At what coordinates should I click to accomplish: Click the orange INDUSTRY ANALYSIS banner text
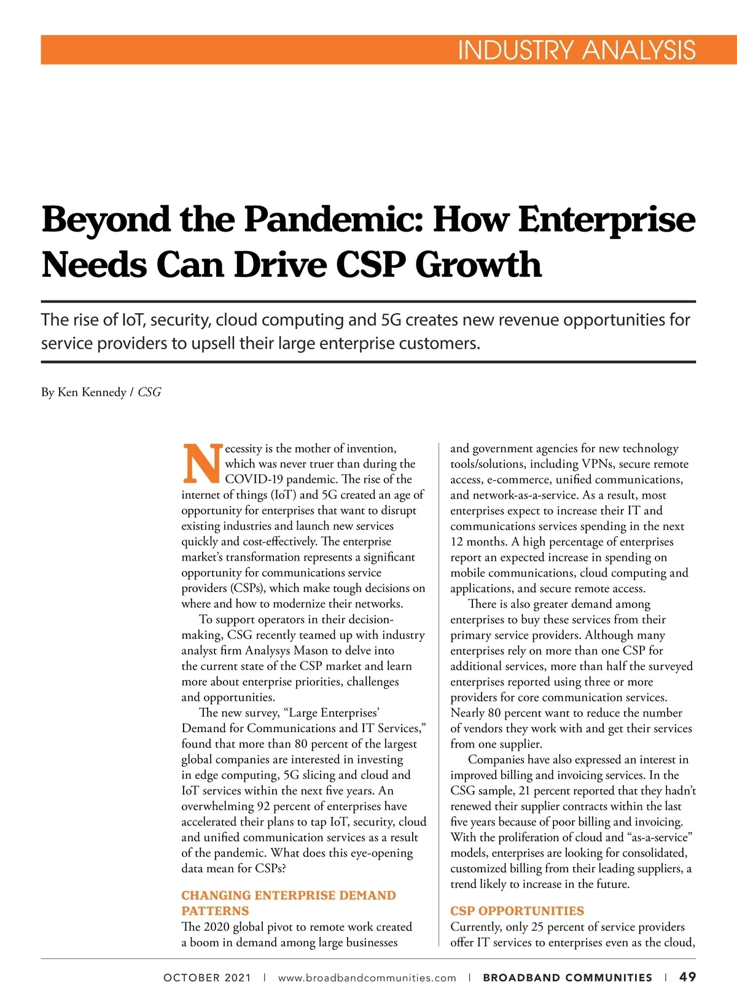[x=576, y=50]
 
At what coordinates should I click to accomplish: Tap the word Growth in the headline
[x=478, y=265]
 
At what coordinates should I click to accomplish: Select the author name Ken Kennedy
[x=92, y=392]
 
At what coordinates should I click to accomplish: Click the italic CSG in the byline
[x=149, y=392]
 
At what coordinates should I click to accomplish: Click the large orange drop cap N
[x=201, y=464]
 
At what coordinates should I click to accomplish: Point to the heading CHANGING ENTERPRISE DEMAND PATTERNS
[x=288, y=903]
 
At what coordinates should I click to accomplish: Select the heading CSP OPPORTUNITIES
[x=517, y=911]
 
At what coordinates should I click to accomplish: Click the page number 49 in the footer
[x=688, y=977]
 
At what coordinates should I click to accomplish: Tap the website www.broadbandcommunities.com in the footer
[x=367, y=978]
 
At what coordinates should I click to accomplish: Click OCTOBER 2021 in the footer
[x=207, y=978]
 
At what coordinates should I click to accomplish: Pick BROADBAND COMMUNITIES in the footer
[x=567, y=978]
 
